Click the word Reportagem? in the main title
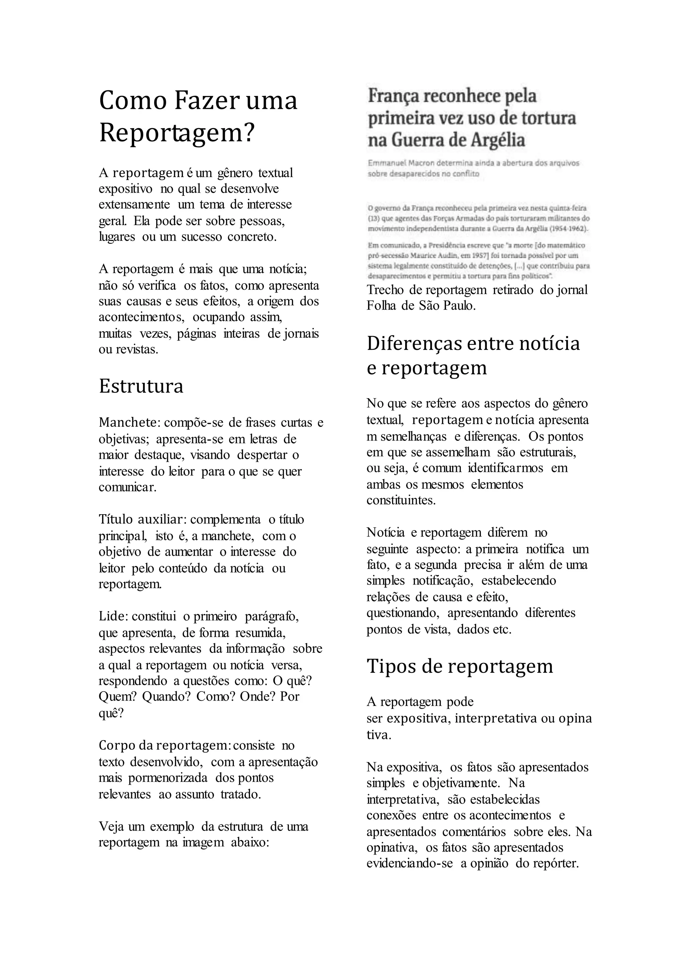pyautogui.click(x=177, y=133)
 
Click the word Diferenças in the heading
pyautogui.click(x=414, y=344)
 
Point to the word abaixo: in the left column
pyautogui.click(x=250, y=842)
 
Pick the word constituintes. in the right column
pyautogui.click(x=401, y=500)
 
